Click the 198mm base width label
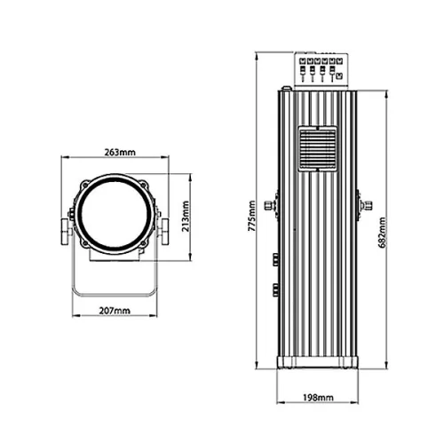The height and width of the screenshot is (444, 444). coord(319,397)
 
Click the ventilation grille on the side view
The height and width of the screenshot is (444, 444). coord(319,147)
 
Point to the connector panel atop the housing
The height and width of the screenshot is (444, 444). coord(319,69)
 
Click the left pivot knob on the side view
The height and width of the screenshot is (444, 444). coord(274,204)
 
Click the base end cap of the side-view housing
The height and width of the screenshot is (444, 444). coord(319,361)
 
